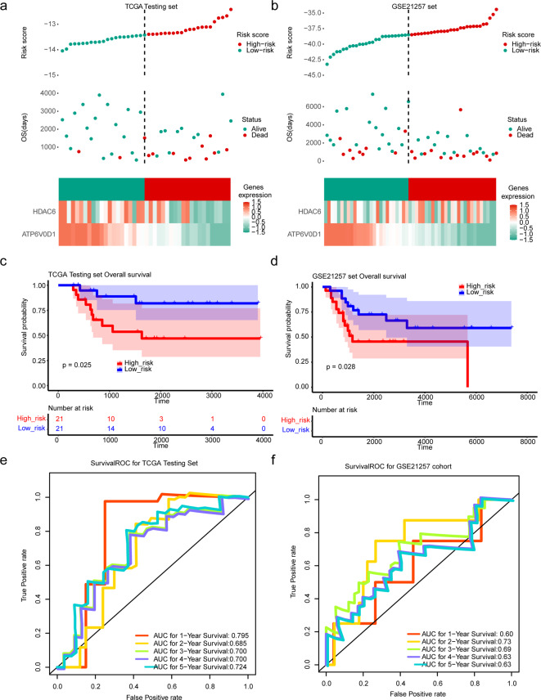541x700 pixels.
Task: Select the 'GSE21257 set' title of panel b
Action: [409, 6]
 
